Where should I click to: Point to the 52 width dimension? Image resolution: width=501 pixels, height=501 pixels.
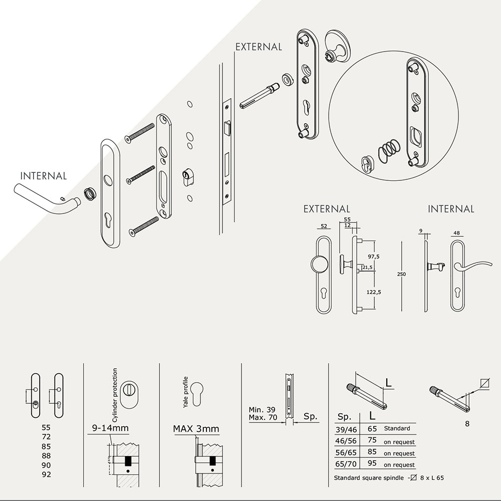[324, 226]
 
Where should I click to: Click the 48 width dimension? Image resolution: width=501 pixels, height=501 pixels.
[456, 232]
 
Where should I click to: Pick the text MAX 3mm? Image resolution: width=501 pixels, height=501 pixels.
[196, 429]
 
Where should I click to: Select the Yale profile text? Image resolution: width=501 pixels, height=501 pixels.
[185, 392]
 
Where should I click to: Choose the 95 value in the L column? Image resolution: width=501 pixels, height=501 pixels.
[372, 465]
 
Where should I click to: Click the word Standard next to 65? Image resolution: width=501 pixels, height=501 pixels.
[397, 428]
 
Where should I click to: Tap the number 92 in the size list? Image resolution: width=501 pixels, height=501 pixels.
[47, 474]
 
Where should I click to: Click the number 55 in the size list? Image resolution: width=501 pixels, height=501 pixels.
[47, 428]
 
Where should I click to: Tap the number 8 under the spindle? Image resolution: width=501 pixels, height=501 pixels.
[467, 424]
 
